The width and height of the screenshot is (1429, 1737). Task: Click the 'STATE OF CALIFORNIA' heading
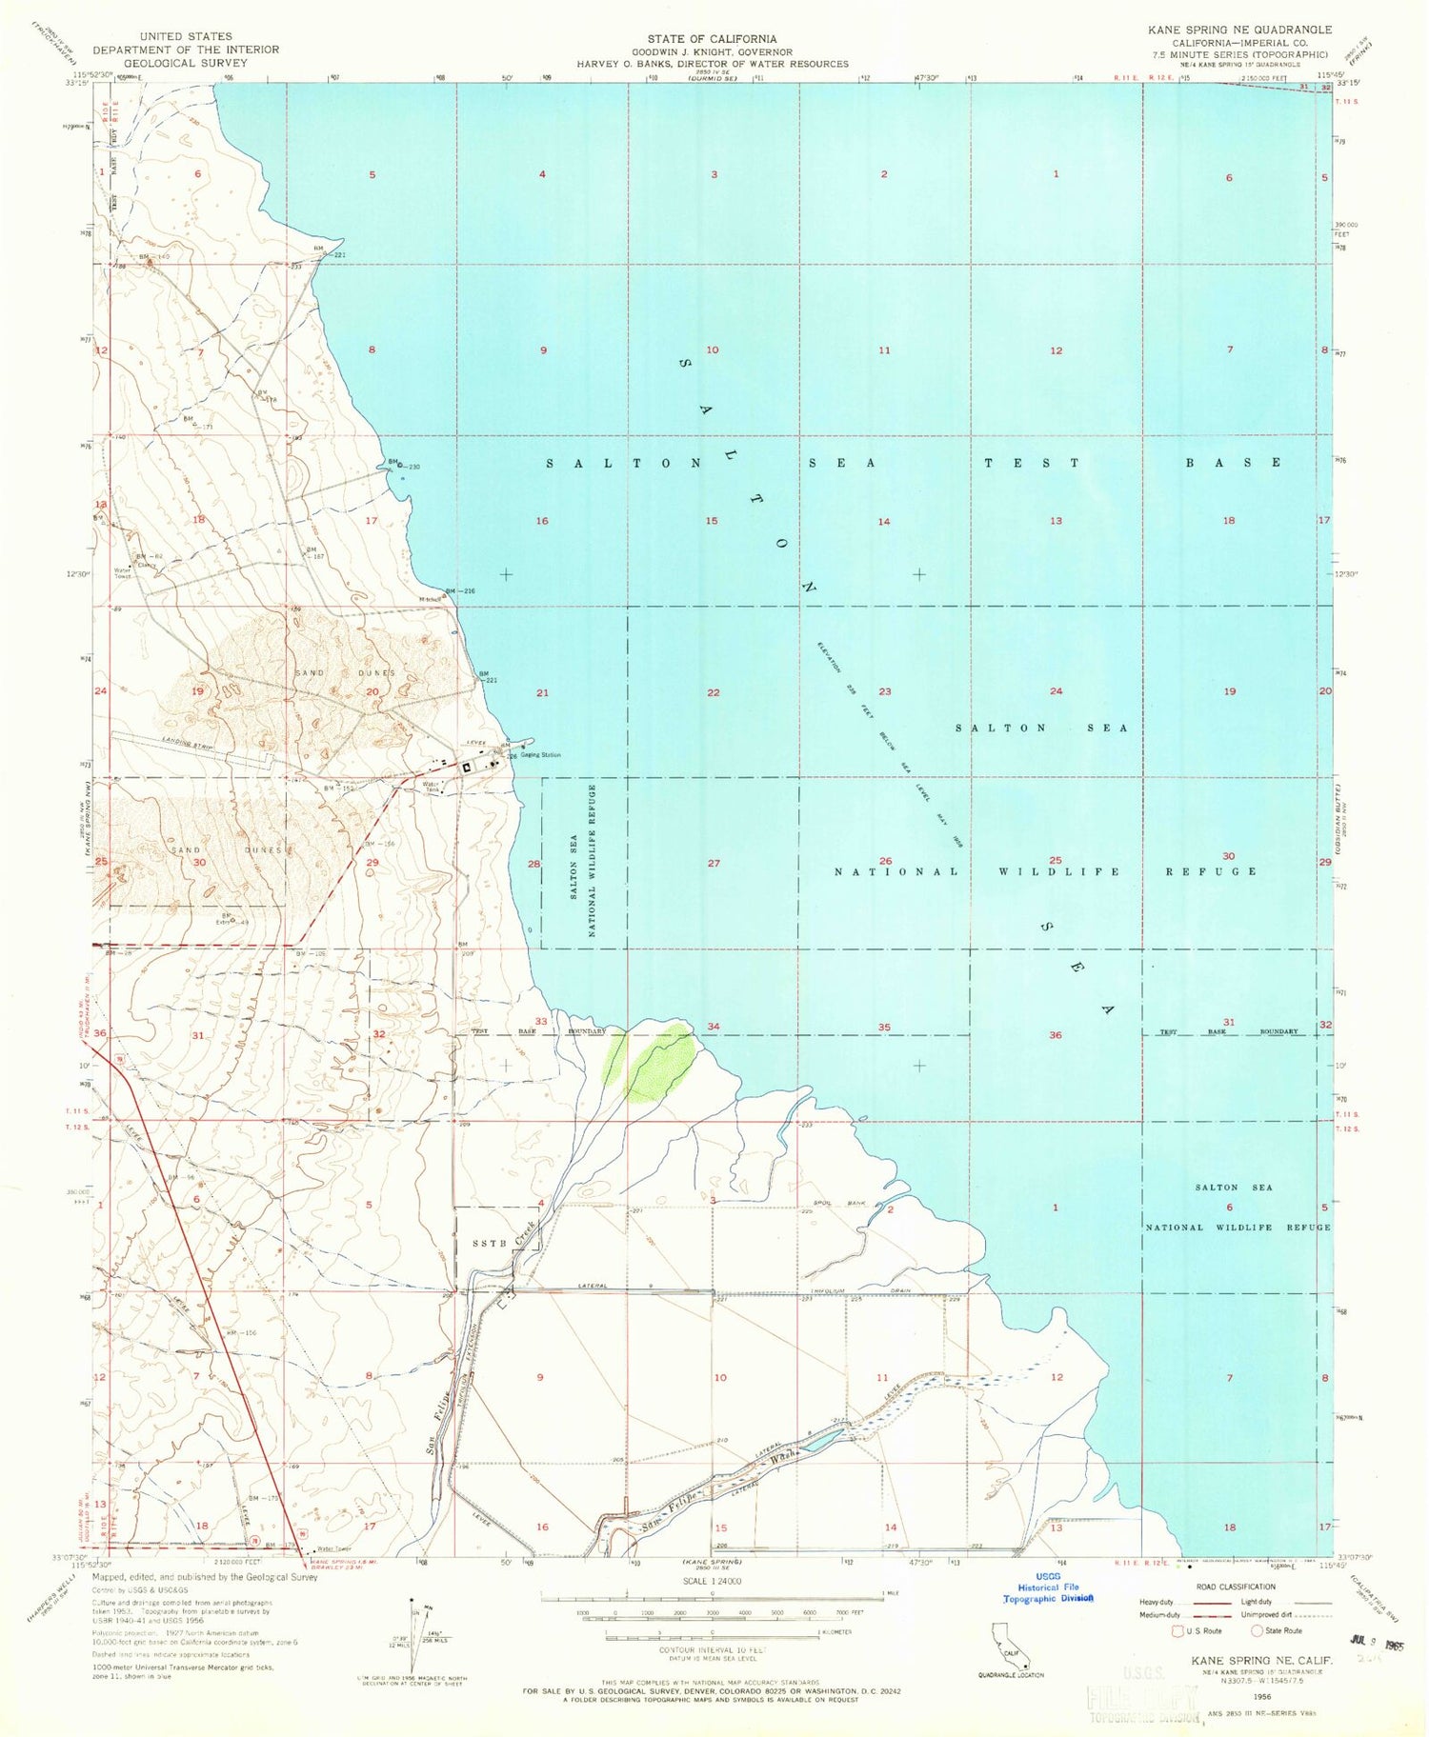tap(712, 39)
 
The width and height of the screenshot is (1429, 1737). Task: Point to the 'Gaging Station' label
tap(540, 755)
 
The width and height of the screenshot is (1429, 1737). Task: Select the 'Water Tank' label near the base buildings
tap(432, 788)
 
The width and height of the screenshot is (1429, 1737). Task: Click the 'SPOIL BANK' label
tap(839, 1204)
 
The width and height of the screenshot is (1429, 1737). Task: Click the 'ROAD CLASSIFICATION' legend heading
tap(1236, 1587)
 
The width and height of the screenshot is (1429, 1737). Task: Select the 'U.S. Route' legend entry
tap(1203, 1630)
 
